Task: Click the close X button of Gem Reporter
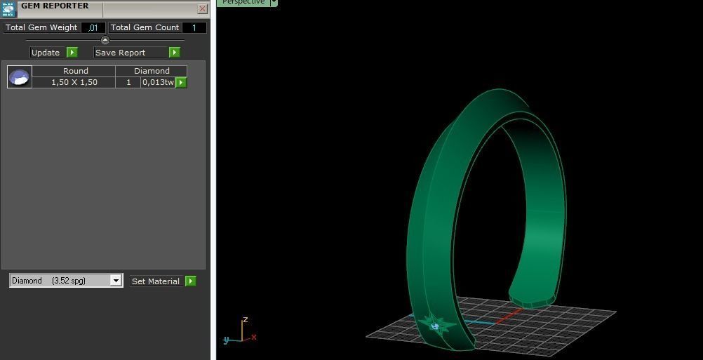pos(202,9)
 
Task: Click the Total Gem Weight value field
pos(93,27)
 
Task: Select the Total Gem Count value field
pos(194,27)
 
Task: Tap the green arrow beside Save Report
pos(174,53)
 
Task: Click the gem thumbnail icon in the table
pos(20,77)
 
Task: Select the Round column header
pos(74,71)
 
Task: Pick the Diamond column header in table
pos(152,71)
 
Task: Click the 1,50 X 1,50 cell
pos(74,82)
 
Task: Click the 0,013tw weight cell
pos(158,82)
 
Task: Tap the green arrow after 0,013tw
pos(181,82)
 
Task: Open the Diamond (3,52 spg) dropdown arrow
pos(116,281)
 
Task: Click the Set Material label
pos(156,281)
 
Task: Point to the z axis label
pos(245,320)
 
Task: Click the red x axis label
pos(253,338)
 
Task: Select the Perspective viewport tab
pos(243,2)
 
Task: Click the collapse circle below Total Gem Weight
pos(105,40)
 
